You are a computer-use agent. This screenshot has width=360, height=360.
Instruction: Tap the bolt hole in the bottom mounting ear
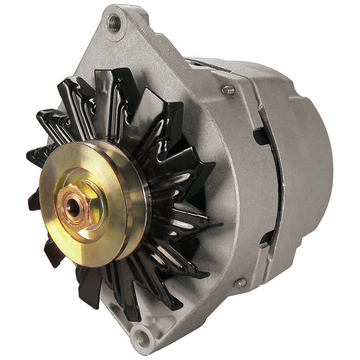tap(144, 340)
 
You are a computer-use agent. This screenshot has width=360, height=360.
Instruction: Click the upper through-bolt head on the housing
tap(229, 90)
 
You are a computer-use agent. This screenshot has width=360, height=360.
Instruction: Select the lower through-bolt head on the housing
tap(240, 283)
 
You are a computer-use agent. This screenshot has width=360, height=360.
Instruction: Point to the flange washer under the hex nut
tap(85, 215)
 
